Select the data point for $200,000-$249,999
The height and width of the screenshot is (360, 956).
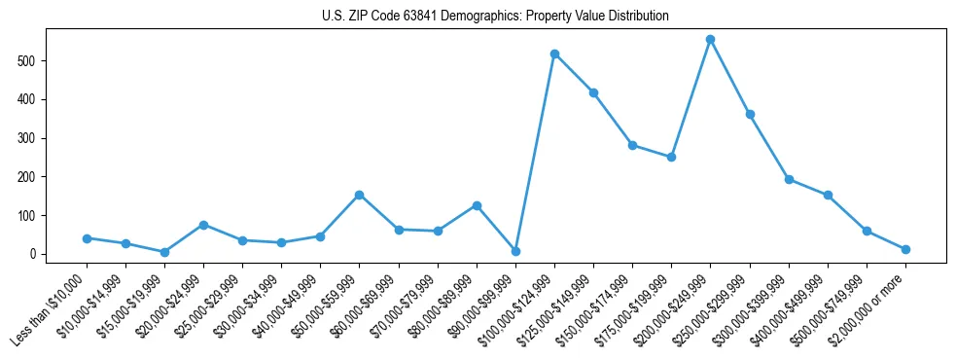[710, 40]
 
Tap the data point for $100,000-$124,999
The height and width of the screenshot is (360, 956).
[554, 54]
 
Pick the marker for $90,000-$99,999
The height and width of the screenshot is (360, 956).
[515, 251]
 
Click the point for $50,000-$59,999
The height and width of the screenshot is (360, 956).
[359, 195]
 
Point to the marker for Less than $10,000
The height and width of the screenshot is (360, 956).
[87, 238]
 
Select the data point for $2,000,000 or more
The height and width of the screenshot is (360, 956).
[905, 249]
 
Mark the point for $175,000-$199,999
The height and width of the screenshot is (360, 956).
[671, 157]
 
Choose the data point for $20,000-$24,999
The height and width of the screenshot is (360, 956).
[203, 225]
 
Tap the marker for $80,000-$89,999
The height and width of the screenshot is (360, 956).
[477, 205]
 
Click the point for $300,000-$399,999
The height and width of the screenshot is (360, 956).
[789, 179]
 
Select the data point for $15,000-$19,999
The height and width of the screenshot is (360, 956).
[164, 252]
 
